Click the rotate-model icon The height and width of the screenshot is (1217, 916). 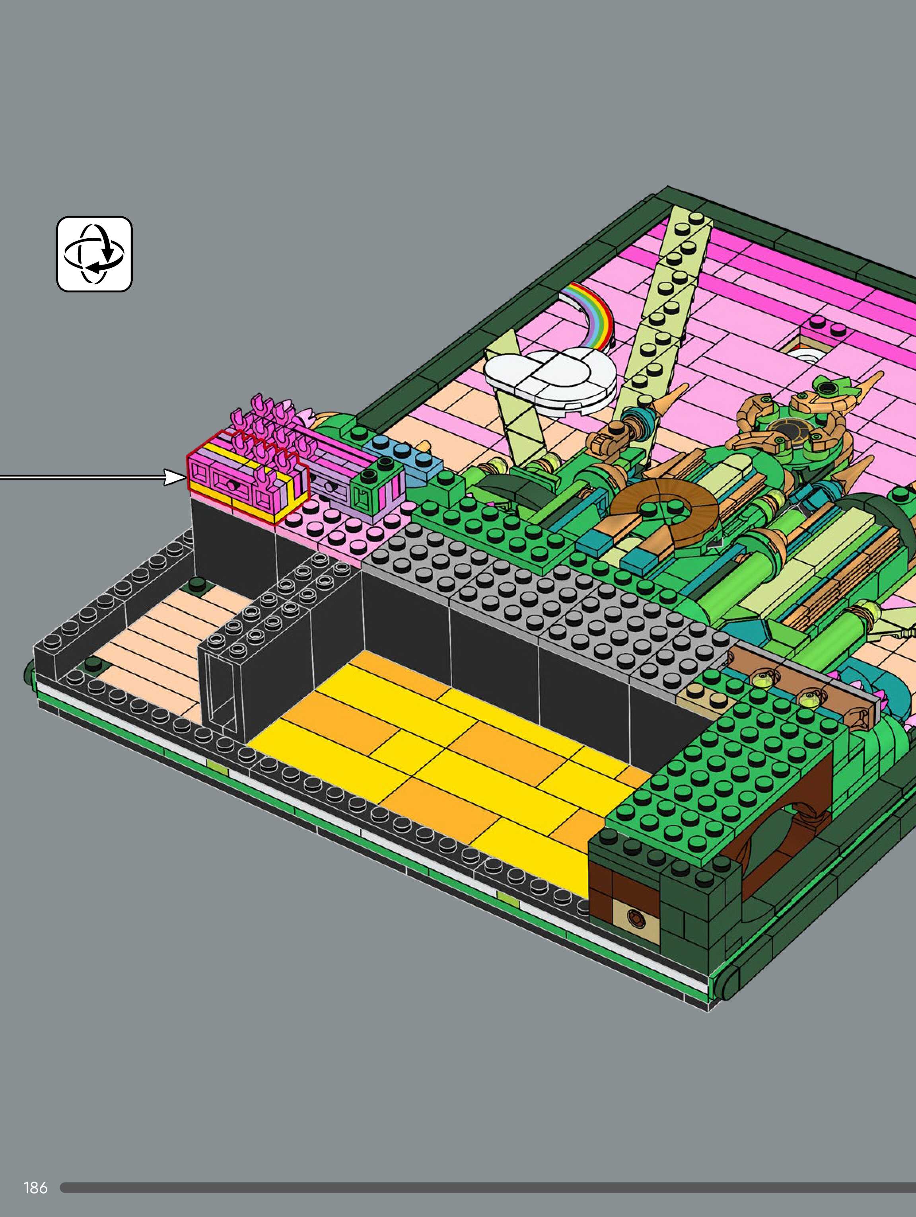click(x=94, y=254)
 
